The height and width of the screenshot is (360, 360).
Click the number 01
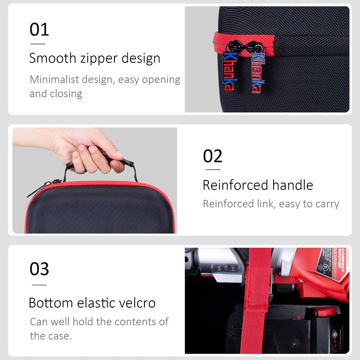pos(39,30)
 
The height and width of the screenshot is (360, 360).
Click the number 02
pos(212,156)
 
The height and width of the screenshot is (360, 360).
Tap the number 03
pos(39,269)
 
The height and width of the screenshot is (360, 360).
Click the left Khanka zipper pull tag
pos(228,72)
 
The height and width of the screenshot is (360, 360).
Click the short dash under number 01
pos(37,44)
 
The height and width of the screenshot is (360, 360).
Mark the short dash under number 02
pos(212,170)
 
